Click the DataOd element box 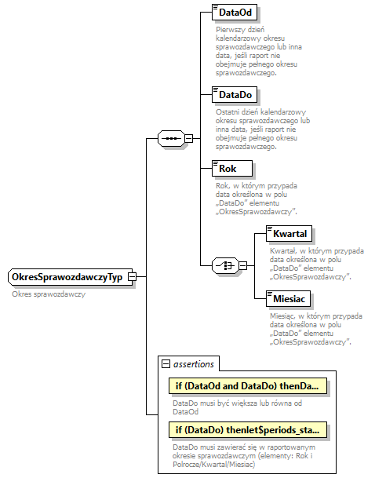click(x=236, y=13)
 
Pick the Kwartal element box click(x=289, y=233)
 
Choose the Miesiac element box click(x=289, y=299)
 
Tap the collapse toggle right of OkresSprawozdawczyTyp click(x=133, y=277)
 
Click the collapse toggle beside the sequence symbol click(x=188, y=139)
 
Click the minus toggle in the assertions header click(x=166, y=363)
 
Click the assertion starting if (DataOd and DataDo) click(x=248, y=387)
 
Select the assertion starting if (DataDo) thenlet click(x=248, y=430)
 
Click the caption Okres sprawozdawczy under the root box click(x=49, y=294)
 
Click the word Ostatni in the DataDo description click(x=229, y=111)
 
